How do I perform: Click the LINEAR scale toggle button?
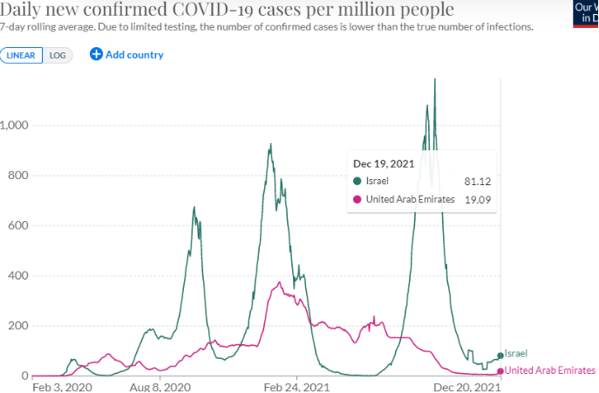click(21, 55)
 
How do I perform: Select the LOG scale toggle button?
click(58, 55)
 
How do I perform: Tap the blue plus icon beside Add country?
click(96, 55)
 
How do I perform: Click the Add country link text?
click(134, 55)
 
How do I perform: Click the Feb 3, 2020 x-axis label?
click(61, 386)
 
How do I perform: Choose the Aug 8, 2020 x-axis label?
click(160, 386)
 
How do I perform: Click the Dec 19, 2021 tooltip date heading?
click(384, 163)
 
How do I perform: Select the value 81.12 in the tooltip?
click(475, 181)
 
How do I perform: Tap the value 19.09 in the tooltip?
click(475, 199)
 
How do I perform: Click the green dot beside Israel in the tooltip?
click(357, 181)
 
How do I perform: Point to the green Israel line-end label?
click(516, 354)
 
